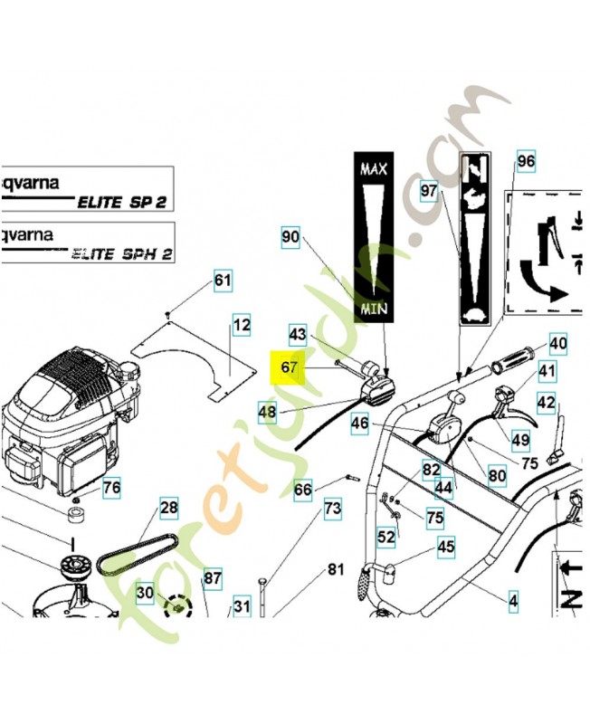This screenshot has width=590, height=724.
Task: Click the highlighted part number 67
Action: tap(290, 368)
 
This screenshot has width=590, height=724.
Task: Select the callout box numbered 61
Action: tap(223, 281)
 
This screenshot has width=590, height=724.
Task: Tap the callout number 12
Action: tap(241, 325)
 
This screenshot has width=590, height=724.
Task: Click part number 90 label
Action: tap(290, 238)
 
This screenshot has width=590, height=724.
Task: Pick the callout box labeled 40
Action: tap(558, 344)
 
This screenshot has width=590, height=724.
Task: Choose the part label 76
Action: tap(110, 488)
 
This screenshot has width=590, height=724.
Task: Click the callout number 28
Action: tap(169, 509)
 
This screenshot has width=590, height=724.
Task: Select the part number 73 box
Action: tap(333, 510)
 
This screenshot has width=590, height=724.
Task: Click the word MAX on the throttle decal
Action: tap(375, 169)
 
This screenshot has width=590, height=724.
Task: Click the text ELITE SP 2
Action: tap(122, 202)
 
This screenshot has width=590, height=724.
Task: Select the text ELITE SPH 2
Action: tap(122, 254)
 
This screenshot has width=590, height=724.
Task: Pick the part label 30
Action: tap(145, 592)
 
